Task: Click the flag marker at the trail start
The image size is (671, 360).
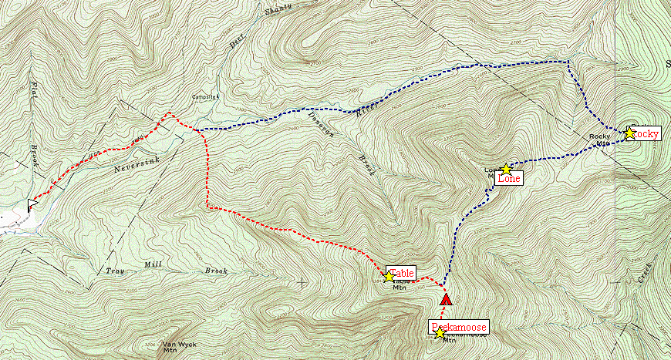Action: [x=33, y=204]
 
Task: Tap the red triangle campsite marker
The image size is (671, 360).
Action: [x=445, y=299]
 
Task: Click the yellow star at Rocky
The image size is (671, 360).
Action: [x=629, y=133]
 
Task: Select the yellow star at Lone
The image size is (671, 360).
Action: [x=505, y=170]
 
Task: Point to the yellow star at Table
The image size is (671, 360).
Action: [x=388, y=274]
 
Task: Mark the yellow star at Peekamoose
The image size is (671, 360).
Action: [x=440, y=334]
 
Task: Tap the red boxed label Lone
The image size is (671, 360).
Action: [x=509, y=179]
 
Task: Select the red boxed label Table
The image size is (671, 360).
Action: [x=403, y=274]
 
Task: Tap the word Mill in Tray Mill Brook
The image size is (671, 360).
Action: [x=154, y=266]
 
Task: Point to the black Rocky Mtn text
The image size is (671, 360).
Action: [x=601, y=139]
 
